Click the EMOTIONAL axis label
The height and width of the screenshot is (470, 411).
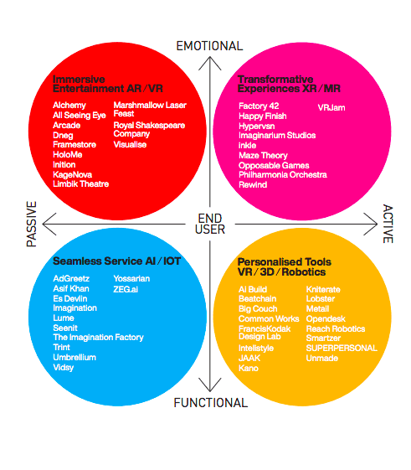(209, 46)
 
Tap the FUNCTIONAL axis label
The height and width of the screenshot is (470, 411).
(211, 402)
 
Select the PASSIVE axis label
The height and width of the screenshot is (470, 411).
(32, 224)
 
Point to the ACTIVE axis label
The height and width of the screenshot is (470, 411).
(388, 224)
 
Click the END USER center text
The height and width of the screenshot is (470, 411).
(210, 224)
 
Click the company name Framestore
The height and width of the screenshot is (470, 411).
(74, 145)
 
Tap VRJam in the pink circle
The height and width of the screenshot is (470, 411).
(331, 107)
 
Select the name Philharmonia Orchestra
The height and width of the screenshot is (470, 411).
(282, 175)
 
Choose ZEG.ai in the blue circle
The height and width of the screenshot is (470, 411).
(126, 289)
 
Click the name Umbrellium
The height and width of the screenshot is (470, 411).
(74, 357)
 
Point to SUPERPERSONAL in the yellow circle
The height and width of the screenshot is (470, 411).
(342, 348)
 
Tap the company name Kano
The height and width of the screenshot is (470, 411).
(249, 368)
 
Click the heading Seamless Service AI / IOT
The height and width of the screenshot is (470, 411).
(116, 261)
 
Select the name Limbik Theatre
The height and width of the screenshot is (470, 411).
(80, 184)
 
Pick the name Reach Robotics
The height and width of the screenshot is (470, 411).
(336, 328)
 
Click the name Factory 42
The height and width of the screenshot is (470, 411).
(259, 106)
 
